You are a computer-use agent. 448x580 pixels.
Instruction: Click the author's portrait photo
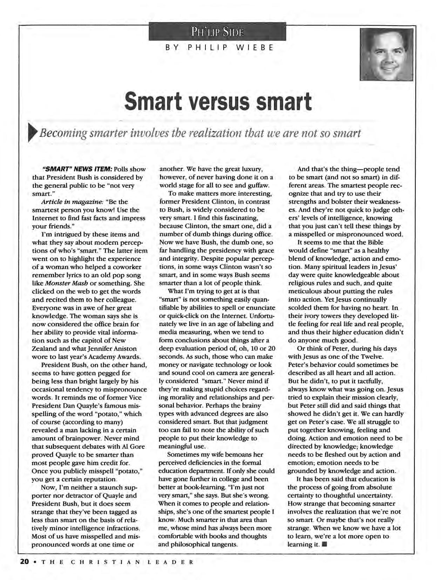[x=386, y=54]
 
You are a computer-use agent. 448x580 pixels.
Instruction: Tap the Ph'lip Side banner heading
[x=217, y=32]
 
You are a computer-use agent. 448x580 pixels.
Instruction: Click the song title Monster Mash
[x=63, y=283]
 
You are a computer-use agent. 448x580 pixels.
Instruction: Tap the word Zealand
[x=43, y=348]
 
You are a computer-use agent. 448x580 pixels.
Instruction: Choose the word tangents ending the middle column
[x=224, y=545]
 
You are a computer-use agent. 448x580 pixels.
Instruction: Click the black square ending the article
[x=324, y=545]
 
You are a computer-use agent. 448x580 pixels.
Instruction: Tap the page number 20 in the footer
[x=24, y=562]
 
